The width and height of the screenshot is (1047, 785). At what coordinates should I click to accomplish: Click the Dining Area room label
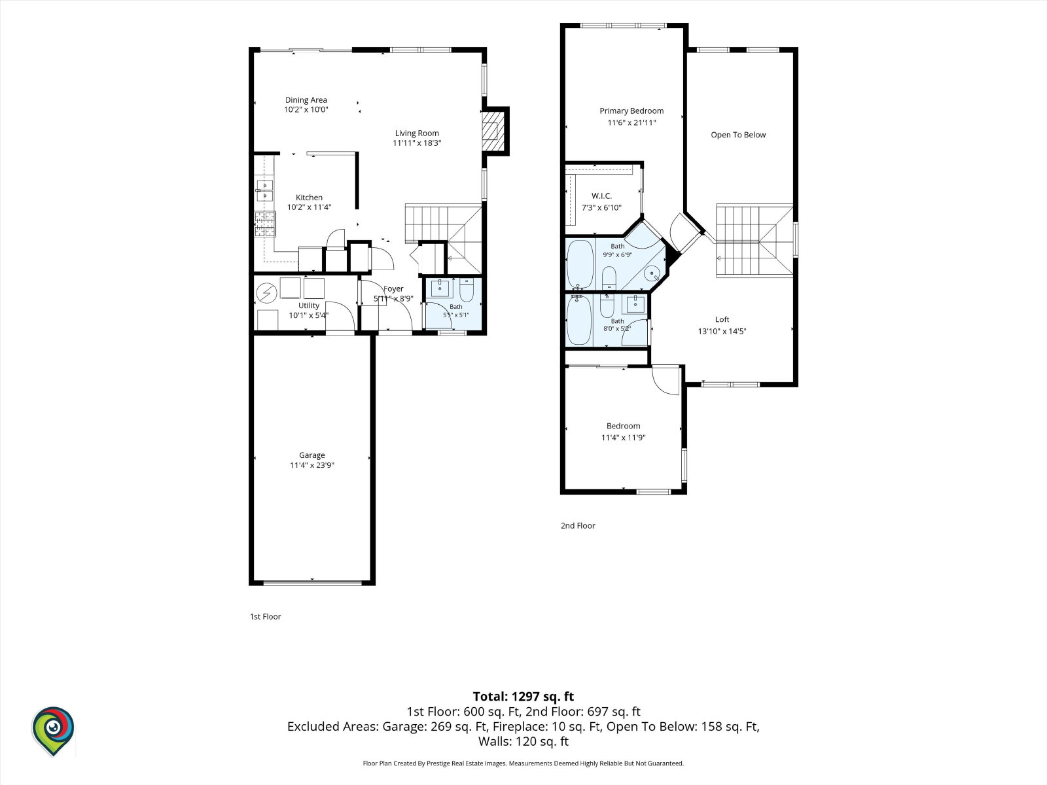pyautogui.click(x=306, y=99)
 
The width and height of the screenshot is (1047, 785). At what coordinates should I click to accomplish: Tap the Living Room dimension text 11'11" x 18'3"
pyautogui.click(x=417, y=143)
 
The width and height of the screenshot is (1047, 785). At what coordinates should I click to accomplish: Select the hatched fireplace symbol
pyautogui.click(x=493, y=131)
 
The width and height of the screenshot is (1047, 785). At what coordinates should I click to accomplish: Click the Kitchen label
pyautogui.click(x=309, y=198)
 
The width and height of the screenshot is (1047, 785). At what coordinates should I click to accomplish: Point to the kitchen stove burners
pyautogui.click(x=265, y=224)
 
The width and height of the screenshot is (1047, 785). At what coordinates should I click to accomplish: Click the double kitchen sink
pyautogui.click(x=264, y=190)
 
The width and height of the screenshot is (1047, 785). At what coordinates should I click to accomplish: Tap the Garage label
pyautogui.click(x=312, y=455)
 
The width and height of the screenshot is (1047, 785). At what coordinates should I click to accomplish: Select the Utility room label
pyautogui.click(x=309, y=305)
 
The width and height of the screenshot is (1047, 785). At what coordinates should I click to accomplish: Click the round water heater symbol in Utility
pyautogui.click(x=266, y=293)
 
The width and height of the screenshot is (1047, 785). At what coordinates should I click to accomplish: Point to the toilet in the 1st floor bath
pyautogui.click(x=467, y=290)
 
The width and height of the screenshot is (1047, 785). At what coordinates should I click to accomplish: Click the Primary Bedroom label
pyautogui.click(x=631, y=111)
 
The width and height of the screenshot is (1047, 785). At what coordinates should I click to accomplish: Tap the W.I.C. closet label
pyautogui.click(x=601, y=196)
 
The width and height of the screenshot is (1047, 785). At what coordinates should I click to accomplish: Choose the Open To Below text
pyautogui.click(x=738, y=135)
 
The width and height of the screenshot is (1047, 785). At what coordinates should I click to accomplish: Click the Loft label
pyautogui.click(x=722, y=319)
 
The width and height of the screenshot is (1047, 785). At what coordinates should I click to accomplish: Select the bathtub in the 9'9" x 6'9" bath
pyautogui.click(x=580, y=264)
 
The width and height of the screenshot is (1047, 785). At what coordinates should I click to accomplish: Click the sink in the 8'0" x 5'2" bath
pyautogui.click(x=635, y=304)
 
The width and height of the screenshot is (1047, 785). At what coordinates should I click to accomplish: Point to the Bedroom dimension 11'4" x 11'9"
pyautogui.click(x=623, y=438)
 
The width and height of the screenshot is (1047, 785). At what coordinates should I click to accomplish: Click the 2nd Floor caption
pyautogui.click(x=578, y=525)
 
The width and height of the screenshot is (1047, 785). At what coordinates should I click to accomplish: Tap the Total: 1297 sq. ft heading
pyautogui.click(x=523, y=696)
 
